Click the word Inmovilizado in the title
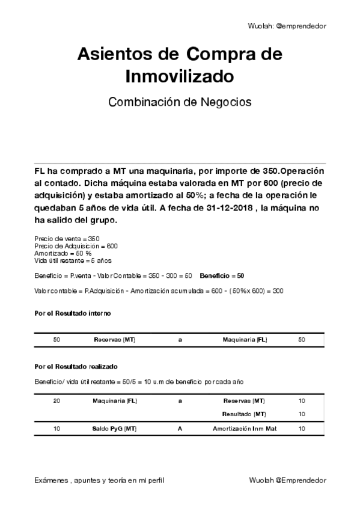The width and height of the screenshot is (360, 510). tap(180, 76)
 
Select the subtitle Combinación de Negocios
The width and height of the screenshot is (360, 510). tap(180, 102)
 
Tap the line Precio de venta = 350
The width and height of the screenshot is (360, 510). tap(67, 239)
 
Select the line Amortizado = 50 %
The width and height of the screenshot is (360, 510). tap(63, 253)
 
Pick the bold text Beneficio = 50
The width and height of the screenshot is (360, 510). tap(222, 275)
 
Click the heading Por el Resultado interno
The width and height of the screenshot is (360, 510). tap(72, 313)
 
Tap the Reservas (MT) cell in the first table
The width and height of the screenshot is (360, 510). tap(114, 340)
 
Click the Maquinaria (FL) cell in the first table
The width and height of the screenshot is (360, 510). tap(245, 340)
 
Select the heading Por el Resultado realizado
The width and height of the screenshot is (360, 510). tap(76, 366)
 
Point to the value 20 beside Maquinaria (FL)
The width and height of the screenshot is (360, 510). tap(56, 401)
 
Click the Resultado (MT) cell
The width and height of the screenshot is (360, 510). tap(244, 414)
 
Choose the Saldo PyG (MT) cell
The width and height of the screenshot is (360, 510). tap(114, 428)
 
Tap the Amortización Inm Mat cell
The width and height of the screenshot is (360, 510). tap(244, 428)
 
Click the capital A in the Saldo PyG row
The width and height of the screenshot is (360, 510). tap(180, 428)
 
